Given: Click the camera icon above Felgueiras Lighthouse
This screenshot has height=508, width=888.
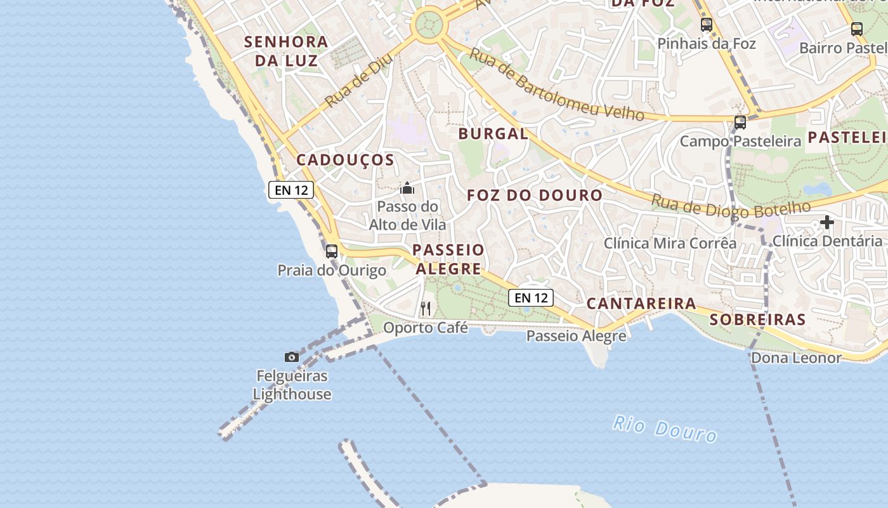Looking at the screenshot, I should (292, 357).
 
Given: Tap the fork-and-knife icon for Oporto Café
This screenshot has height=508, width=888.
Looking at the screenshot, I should (426, 309).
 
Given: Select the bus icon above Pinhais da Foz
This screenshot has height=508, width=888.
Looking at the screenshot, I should (706, 25).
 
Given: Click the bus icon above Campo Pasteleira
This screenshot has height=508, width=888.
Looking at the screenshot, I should (740, 123).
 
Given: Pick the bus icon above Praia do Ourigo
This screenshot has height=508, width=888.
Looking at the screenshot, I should (331, 251).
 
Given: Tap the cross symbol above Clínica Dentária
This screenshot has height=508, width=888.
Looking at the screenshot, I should (826, 222).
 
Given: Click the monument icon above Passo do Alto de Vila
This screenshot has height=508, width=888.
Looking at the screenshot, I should (407, 188).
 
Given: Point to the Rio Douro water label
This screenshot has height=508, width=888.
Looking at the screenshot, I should (664, 429).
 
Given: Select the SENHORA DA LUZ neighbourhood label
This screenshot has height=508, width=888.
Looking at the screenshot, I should (286, 51).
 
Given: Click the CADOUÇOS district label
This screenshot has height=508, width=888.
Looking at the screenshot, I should (345, 160).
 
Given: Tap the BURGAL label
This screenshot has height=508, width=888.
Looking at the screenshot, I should (493, 134).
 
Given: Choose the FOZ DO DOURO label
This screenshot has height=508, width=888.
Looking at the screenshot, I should (534, 196).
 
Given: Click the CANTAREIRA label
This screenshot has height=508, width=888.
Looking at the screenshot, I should (641, 304).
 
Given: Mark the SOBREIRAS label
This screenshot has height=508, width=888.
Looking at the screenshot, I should (757, 319).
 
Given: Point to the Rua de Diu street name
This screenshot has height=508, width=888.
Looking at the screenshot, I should (358, 80).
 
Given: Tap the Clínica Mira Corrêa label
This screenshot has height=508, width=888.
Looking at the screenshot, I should (669, 243).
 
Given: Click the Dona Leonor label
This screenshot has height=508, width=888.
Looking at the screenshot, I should (795, 358).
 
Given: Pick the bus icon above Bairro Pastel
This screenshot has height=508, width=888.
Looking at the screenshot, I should (856, 29).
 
